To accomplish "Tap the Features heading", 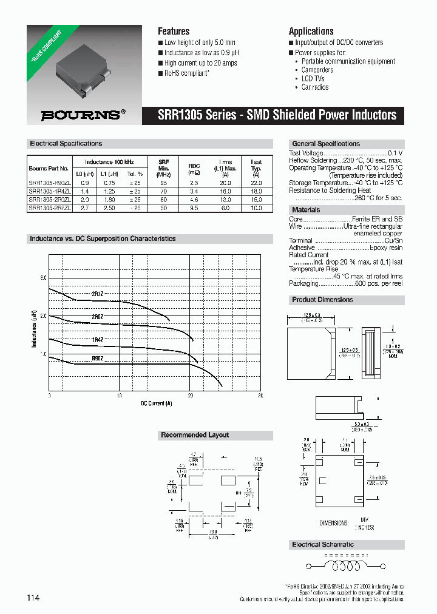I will tap(174, 31).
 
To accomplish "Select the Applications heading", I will tap(311, 31).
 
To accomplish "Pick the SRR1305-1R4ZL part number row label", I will tap(50, 191).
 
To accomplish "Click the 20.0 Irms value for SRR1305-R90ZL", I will tap(225, 182).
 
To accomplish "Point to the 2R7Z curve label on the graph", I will tap(98, 294).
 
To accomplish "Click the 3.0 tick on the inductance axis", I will tap(43, 278).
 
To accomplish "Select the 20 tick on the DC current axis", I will tap(190, 395).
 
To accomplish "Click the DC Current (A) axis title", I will tap(156, 403).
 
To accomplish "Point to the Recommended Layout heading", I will tap(195, 435).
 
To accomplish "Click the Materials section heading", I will tap(306, 210).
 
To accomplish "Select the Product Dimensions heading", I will tap(322, 300).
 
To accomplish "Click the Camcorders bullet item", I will tap(317, 70).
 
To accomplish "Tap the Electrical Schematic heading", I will tap(322, 544).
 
